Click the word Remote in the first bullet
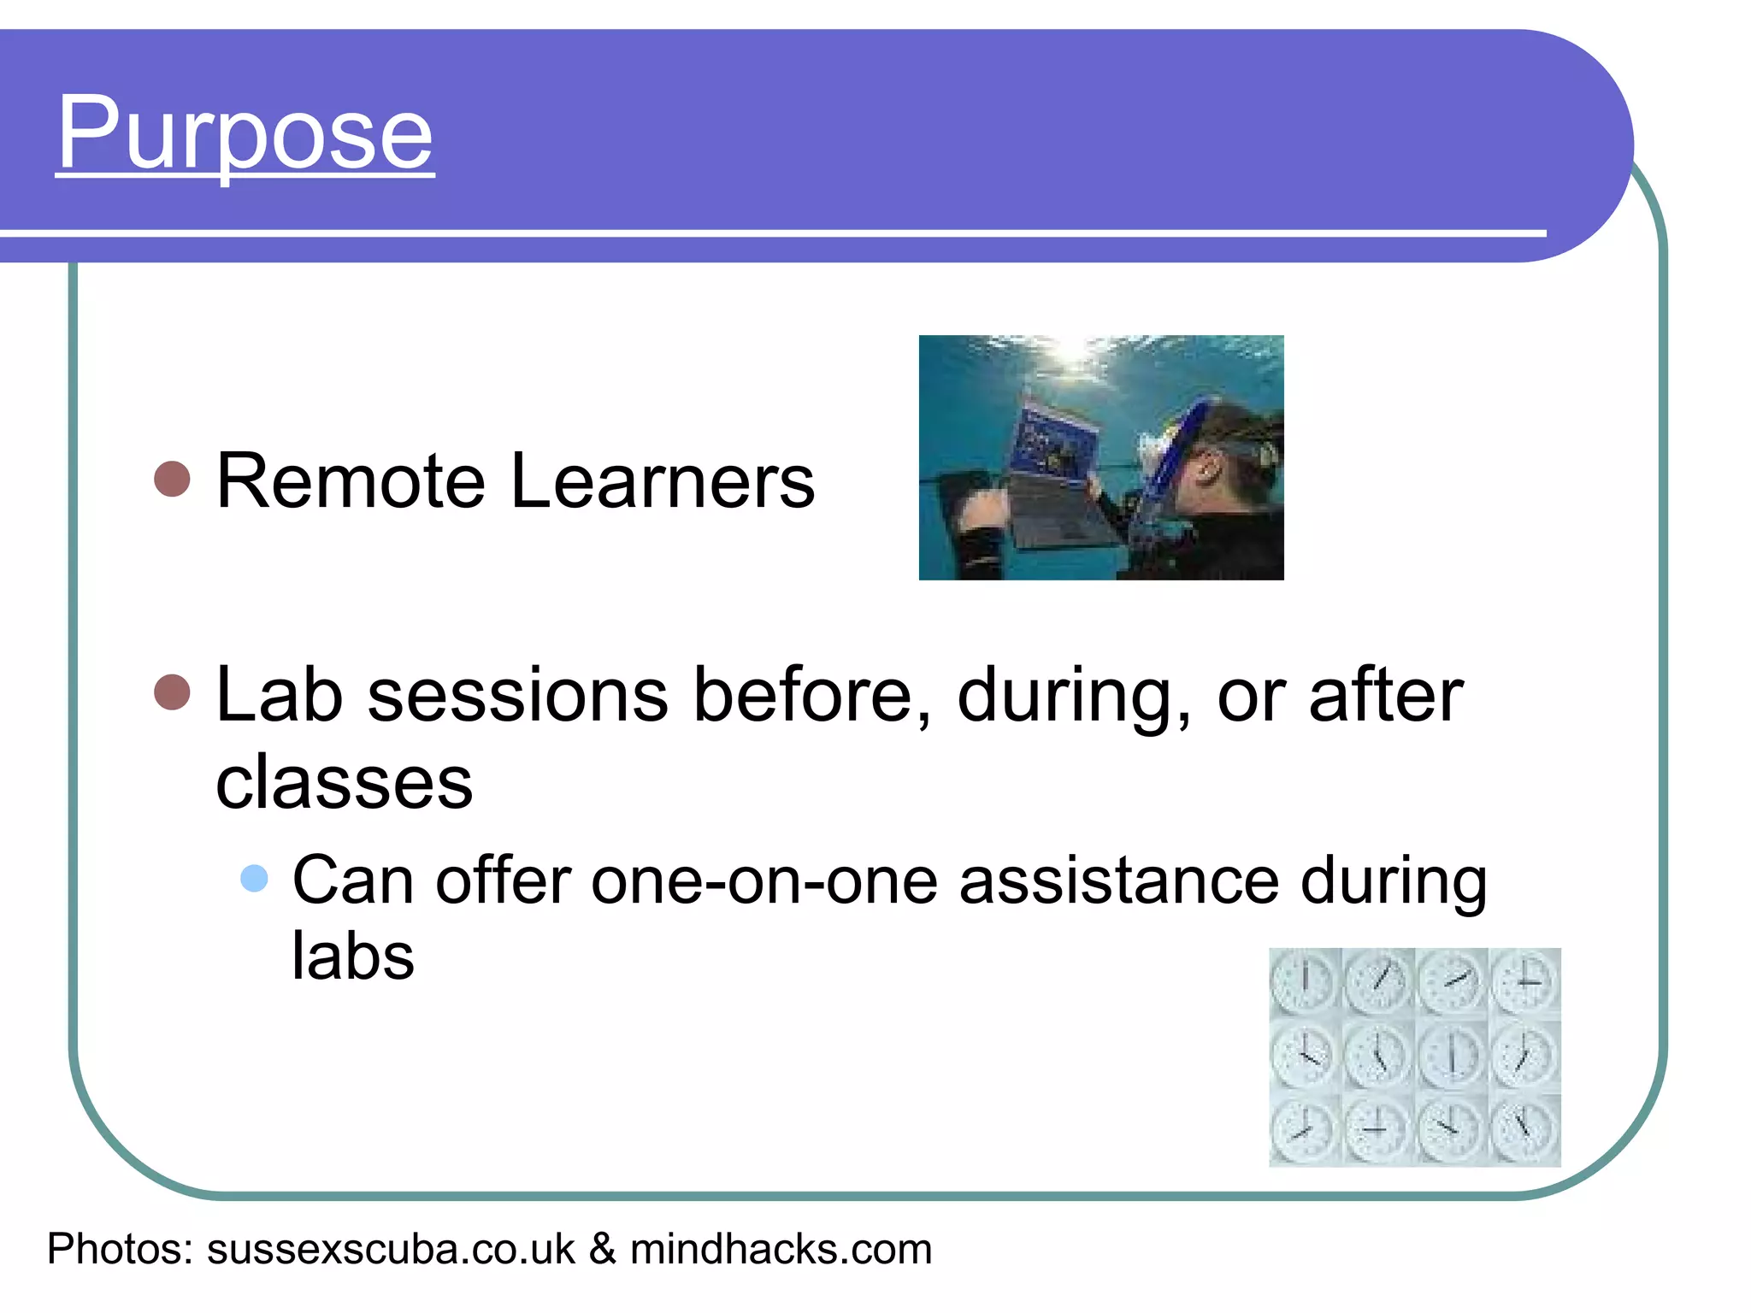point(351,482)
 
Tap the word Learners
point(663,482)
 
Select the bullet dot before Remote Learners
point(172,480)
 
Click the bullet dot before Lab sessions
point(172,692)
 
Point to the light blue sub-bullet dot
point(254,878)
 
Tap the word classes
point(344,783)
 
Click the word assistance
point(1118,880)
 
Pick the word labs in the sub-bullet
point(353,956)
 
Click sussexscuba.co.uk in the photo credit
point(391,1249)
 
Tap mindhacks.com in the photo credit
point(781,1249)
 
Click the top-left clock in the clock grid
point(1305,983)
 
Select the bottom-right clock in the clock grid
point(1524,1130)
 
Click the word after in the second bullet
point(1385,695)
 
